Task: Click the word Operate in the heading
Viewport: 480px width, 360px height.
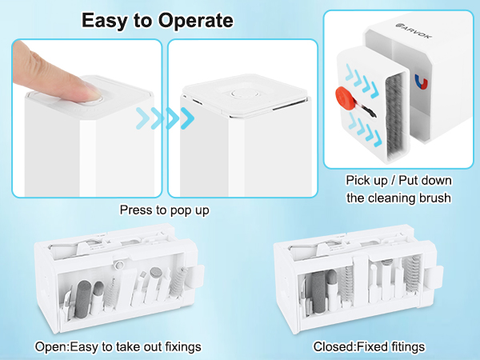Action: point(196,21)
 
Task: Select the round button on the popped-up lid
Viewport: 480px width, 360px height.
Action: point(245,93)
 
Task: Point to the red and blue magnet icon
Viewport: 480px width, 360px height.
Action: point(422,82)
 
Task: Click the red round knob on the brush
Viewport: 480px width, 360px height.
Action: point(344,96)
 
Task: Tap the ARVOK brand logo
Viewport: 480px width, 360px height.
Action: point(414,31)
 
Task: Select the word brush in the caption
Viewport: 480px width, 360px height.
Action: point(435,198)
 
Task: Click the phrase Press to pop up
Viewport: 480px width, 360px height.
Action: point(164,210)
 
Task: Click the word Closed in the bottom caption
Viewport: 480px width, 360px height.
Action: point(334,347)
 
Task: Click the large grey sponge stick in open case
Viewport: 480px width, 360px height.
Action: point(83,298)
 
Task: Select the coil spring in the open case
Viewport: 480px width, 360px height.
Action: point(178,282)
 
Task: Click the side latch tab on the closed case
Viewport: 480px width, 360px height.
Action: point(435,278)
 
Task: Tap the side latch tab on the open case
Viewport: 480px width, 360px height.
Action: point(196,277)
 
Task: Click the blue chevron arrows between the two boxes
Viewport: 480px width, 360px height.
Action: point(165,118)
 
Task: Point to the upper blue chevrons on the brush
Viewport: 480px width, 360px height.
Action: point(362,81)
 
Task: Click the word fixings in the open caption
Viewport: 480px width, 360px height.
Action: point(183,347)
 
